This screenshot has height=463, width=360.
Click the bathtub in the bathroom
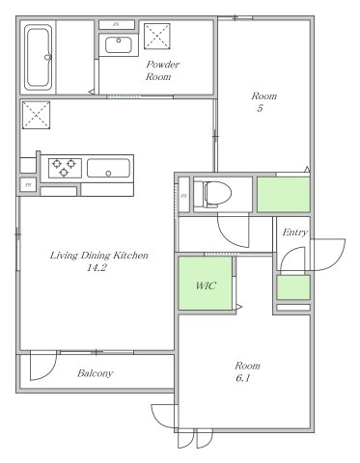(x=39, y=58)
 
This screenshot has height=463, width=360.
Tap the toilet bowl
(x=213, y=194)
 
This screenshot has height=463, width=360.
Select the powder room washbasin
(x=119, y=45)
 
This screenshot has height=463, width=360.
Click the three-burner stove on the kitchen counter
(x=65, y=168)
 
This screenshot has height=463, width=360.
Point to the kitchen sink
(x=109, y=168)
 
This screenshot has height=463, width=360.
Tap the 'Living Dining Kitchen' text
(x=99, y=256)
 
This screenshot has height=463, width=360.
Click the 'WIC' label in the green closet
(x=206, y=286)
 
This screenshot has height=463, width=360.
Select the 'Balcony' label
(x=96, y=373)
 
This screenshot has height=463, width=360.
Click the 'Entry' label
(x=294, y=232)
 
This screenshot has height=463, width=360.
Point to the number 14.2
(x=97, y=267)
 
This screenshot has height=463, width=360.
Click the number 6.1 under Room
(x=243, y=378)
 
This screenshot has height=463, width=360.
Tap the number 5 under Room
(x=260, y=108)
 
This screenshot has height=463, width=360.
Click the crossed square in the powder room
(x=156, y=37)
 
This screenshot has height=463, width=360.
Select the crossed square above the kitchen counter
(x=36, y=115)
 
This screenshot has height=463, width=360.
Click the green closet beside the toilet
(x=283, y=194)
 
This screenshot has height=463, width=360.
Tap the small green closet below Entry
(x=293, y=287)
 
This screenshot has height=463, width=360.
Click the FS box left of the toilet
(x=184, y=195)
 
